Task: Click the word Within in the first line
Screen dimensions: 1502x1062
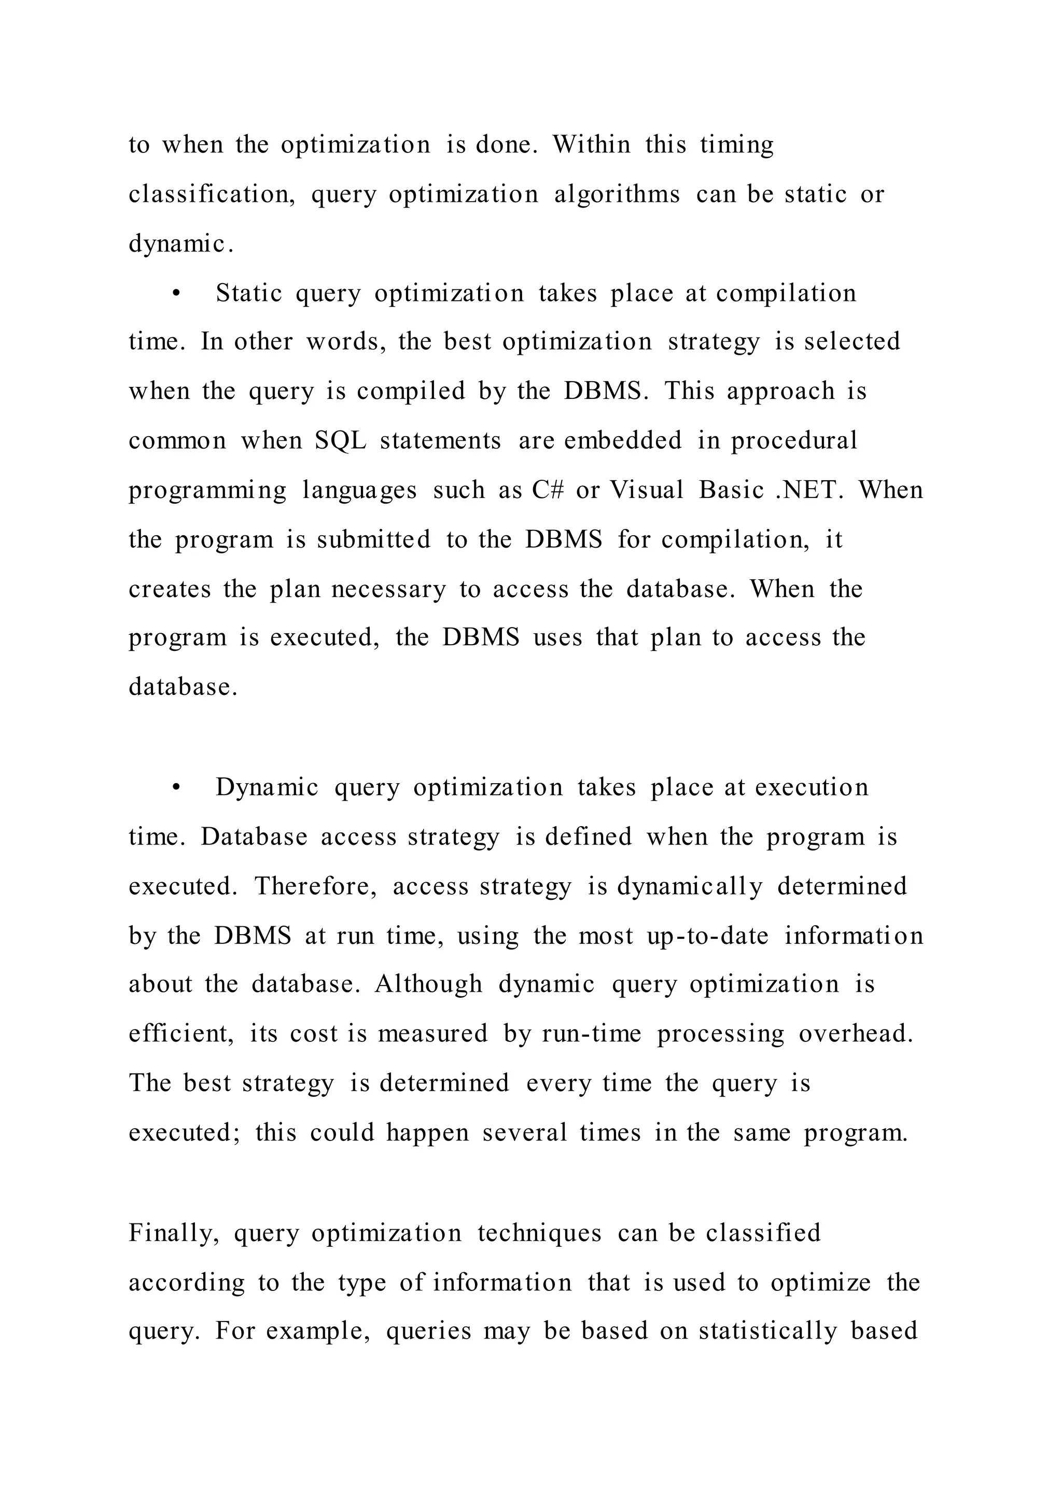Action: point(592,145)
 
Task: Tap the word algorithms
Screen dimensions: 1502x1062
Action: point(617,194)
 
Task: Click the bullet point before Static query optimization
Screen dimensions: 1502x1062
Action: point(175,294)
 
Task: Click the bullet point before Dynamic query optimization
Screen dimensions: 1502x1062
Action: point(175,788)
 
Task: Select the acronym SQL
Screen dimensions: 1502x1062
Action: point(340,441)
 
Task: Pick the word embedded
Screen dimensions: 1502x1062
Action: point(623,440)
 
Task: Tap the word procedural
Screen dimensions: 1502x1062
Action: point(794,441)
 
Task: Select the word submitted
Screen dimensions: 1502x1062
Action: point(373,540)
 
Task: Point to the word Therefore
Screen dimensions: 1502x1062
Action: point(315,886)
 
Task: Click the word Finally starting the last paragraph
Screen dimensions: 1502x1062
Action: point(173,1234)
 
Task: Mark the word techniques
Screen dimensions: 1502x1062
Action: point(539,1233)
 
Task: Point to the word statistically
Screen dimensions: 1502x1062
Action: point(768,1331)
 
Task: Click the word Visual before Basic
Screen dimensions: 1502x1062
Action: point(647,490)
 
